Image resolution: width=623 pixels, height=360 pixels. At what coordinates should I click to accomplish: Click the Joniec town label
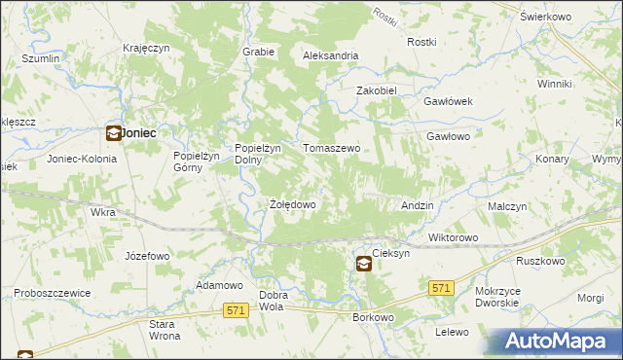click(x=139, y=133)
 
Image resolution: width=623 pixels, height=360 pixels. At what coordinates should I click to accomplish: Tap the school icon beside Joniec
click(x=113, y=134)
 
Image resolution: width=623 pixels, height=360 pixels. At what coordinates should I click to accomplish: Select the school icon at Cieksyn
click(x=362, y=263)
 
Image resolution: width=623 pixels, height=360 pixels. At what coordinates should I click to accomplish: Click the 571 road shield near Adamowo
click(x=235, y=309)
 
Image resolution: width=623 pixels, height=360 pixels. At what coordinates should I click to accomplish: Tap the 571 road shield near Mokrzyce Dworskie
click(x=441, y=288)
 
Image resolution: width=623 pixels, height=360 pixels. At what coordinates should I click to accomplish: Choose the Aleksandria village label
click(x=331, y=56)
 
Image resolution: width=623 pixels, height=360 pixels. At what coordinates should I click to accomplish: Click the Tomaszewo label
click(x=332, y=148)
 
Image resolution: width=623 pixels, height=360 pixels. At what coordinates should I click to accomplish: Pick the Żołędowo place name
click(x=292, y=205)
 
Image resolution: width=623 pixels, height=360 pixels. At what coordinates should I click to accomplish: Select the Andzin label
click(x=418, y=206)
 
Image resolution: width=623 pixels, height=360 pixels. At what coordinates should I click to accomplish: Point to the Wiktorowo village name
click(x=453, y=237)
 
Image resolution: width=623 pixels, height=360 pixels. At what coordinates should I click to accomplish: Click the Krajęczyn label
click(x=147, y=48)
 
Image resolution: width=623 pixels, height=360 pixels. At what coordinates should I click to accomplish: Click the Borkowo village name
click(x=373, y=318)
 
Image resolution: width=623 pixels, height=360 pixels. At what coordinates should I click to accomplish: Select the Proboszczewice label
click(x=53, y=293)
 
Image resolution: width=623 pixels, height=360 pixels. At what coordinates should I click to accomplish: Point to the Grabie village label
click(x=258, y=52)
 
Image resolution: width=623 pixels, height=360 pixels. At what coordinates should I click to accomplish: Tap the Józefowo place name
click(x=147, y=256)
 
